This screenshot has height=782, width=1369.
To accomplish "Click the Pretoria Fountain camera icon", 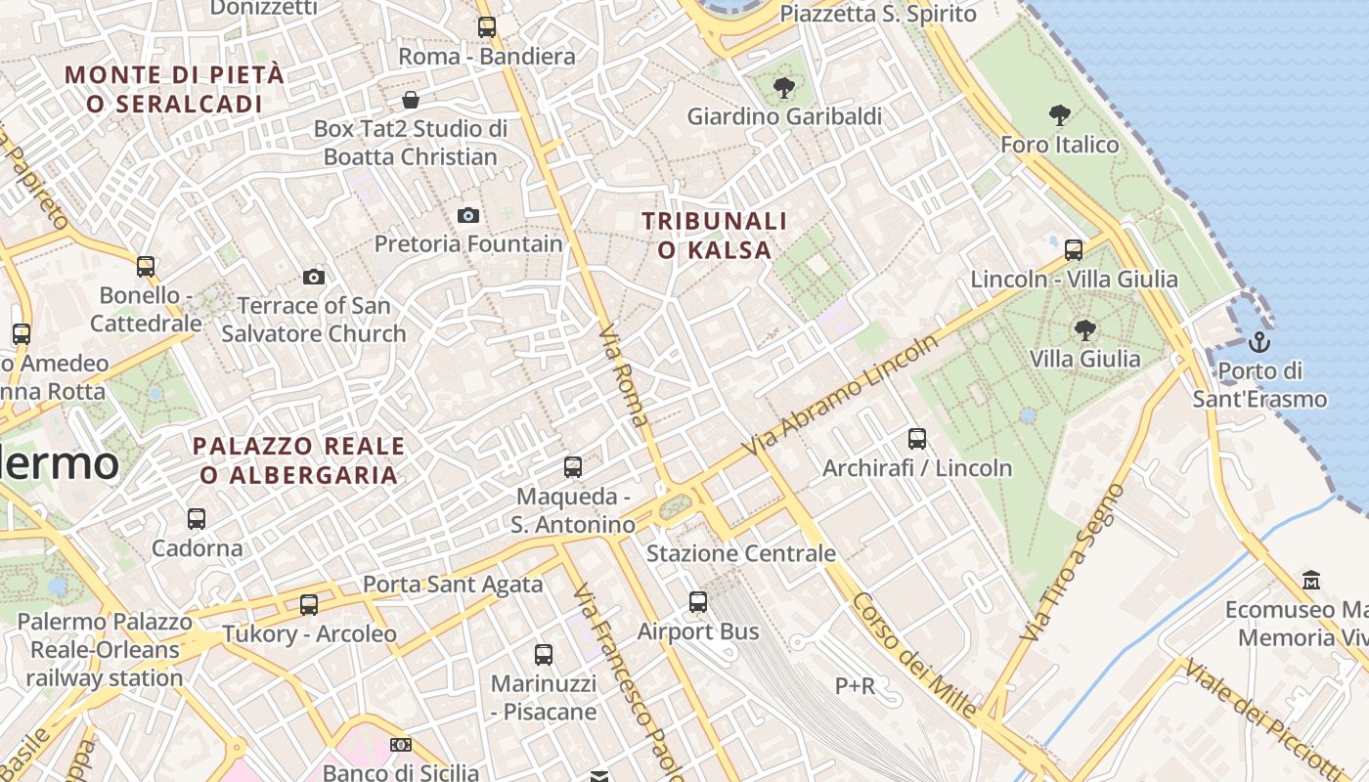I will (x=468, y=215).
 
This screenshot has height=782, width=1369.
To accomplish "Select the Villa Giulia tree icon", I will (x=1084, y=329).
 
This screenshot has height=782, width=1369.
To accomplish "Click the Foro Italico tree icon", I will (x=1059, y=115).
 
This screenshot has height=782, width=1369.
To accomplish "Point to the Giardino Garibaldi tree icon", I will (x=783, y=88).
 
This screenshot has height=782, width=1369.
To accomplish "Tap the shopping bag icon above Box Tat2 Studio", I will (x=411, y=100).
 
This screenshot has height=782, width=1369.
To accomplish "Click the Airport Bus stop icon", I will (x=698, y=602).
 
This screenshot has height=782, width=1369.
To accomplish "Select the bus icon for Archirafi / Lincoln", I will (x=916, y=439).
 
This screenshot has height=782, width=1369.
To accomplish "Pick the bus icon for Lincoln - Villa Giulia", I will (x=1074, y=250).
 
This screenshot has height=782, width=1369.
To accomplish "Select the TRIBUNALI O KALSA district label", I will (x=715, y=236).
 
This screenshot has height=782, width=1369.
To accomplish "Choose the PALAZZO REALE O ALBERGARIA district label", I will (x=299, y=460).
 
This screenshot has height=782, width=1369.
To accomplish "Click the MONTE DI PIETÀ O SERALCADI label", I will (x=175, y=89).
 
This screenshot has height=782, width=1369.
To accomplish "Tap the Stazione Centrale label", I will (x=741, y=553).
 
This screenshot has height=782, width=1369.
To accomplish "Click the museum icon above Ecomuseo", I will (x=1311, y=581).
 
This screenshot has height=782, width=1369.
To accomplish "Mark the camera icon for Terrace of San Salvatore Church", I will (x=314, y=277).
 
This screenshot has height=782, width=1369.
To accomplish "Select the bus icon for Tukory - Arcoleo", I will (x=309, y=605).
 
